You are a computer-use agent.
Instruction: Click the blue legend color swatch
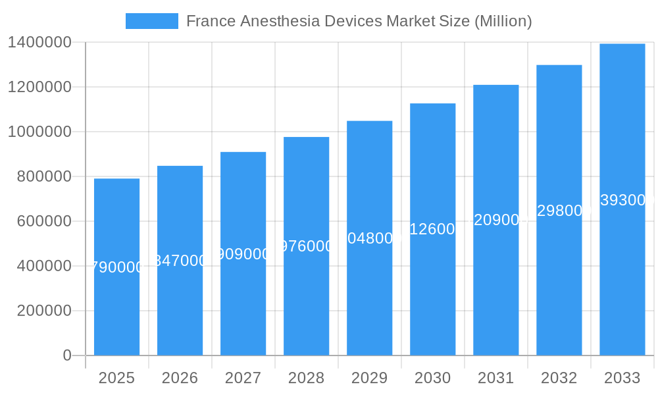pyautogui.click(x=152, y=21)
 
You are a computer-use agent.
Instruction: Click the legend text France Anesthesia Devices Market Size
pyautogui.click(x=359, y=21)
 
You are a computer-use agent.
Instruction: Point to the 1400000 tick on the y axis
pyautogui.click(x=39, y=43)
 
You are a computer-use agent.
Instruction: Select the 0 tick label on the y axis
pyautogui.click(x=67, y=355)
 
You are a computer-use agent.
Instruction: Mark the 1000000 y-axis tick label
pyautogui.click(x=39, y=132)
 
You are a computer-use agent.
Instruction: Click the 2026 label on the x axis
pyautogui.click(x=180, y=378)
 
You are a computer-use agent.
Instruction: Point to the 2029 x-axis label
pyautogui.click(x=369, y=378)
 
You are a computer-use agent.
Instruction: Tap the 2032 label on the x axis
pyautogui.click(x=559, y=378)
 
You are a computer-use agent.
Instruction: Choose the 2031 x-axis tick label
pyautogui.click(x=495, y=378)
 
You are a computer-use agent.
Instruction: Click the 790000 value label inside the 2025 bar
pyautogui.click(x=116, y=267)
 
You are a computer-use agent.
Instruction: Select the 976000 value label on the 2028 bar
pyautogui.click(x=306, y=246)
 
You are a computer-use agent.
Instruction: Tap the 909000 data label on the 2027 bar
pyautogui.click(x=243, y=254)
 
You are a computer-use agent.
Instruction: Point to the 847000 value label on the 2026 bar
pyautogui.click(x=180, y=261)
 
